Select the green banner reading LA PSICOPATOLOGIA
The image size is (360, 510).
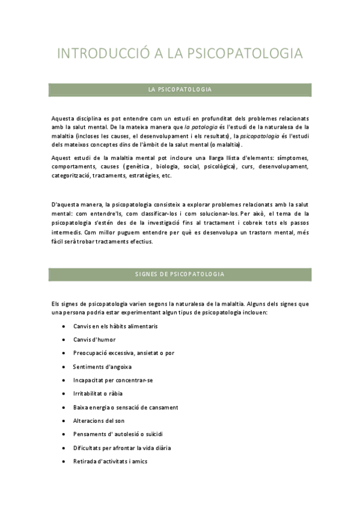point(180,90)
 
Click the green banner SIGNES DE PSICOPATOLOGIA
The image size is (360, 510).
point(180,274)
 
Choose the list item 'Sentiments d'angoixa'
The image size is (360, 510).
point(102,366)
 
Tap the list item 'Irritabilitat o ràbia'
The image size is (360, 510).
point(101,393)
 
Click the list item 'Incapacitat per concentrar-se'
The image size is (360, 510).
point(113,380)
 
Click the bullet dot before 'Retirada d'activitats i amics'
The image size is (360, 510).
point(64,461)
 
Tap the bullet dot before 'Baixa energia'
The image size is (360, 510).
point(64,407)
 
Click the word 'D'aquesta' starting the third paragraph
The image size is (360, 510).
point(66,204)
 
